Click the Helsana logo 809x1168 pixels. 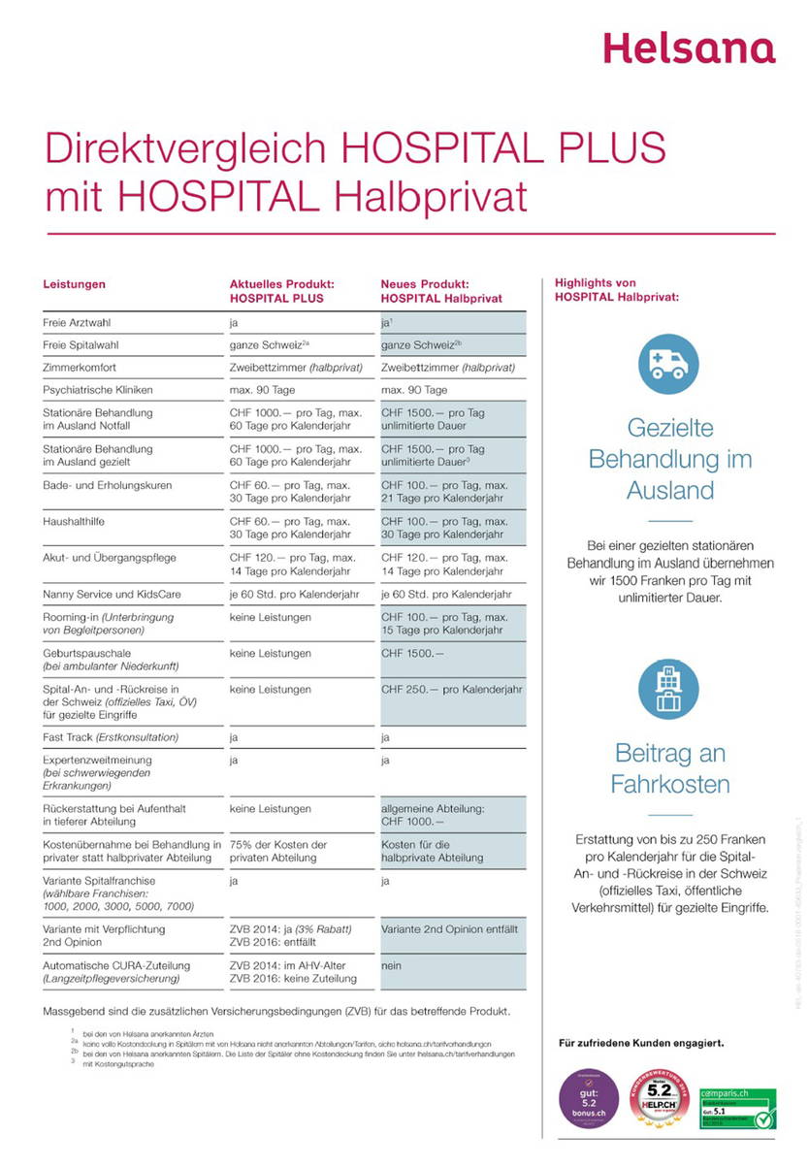click(x=689, y=48)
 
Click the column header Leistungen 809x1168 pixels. click(x=74, y=284)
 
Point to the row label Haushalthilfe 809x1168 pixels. click(x=74, y=522)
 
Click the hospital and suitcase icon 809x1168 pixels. click(x=668, y=689)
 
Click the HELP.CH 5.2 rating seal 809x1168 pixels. click(x=663, y=1097)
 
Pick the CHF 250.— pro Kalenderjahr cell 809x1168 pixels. click(x=451, y=690)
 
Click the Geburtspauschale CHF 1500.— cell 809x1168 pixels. click(x=412, y=655)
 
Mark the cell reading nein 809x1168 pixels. click(x=390, y=966)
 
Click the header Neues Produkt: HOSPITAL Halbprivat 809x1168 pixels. click(x=440, y=291)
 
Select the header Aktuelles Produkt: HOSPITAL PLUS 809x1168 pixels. click(x=281, y=291)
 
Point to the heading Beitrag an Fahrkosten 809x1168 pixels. click(x=669, y=767)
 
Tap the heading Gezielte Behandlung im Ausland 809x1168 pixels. click(x=669, y=458)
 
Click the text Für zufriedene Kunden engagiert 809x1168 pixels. click(x=640, y=1044)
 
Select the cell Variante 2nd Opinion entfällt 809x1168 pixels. click(x=449, y=929)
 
